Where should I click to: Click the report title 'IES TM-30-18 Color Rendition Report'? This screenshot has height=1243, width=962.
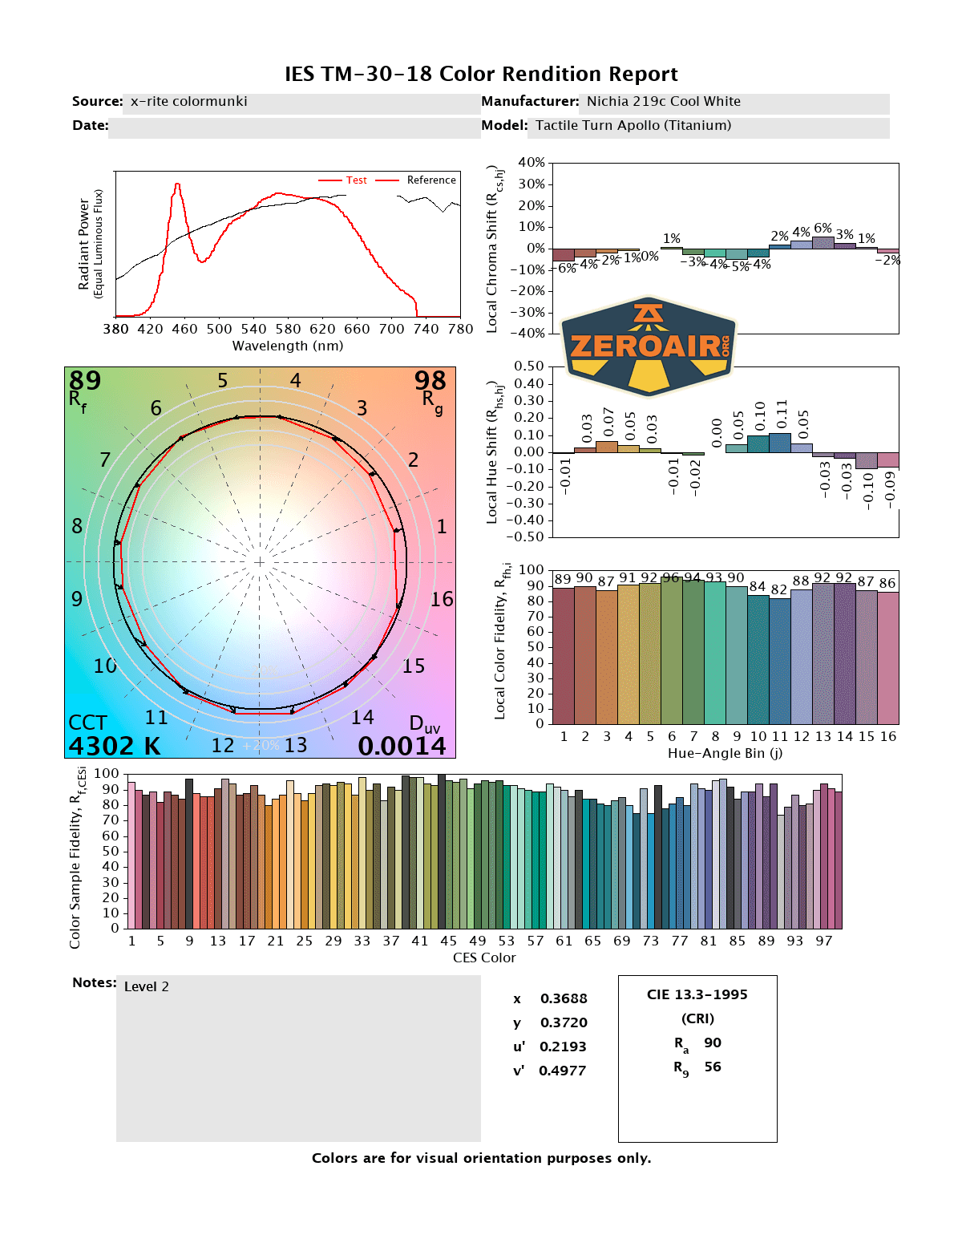(481, 75)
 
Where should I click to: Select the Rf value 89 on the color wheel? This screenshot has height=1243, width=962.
(84, 380)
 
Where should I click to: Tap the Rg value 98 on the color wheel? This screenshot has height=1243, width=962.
(430, 380)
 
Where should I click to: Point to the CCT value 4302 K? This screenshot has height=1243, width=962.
(114, 746)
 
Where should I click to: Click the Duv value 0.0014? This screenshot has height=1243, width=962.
(402, 746)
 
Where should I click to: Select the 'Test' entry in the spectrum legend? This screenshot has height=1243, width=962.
(356, 180)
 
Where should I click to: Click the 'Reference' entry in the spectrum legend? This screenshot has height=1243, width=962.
(430, 180)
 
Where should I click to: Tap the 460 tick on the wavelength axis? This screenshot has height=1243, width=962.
(184, 329)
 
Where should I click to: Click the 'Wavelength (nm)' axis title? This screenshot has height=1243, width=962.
(288, 346)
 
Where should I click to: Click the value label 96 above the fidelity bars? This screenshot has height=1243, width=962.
(671, 577)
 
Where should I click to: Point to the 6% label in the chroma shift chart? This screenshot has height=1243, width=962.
(823, 229)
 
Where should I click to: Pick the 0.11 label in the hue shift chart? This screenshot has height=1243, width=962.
(782, 415)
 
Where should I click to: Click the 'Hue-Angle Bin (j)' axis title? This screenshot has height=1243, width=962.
(725, 754)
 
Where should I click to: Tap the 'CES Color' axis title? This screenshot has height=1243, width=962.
(484, 958)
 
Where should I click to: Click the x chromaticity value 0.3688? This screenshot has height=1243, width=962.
(564, 998)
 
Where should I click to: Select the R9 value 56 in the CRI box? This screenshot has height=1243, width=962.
(713, 1067)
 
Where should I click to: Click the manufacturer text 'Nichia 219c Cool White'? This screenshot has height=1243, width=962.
(663, 102)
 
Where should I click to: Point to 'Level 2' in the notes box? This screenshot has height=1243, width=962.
(147, 986)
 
